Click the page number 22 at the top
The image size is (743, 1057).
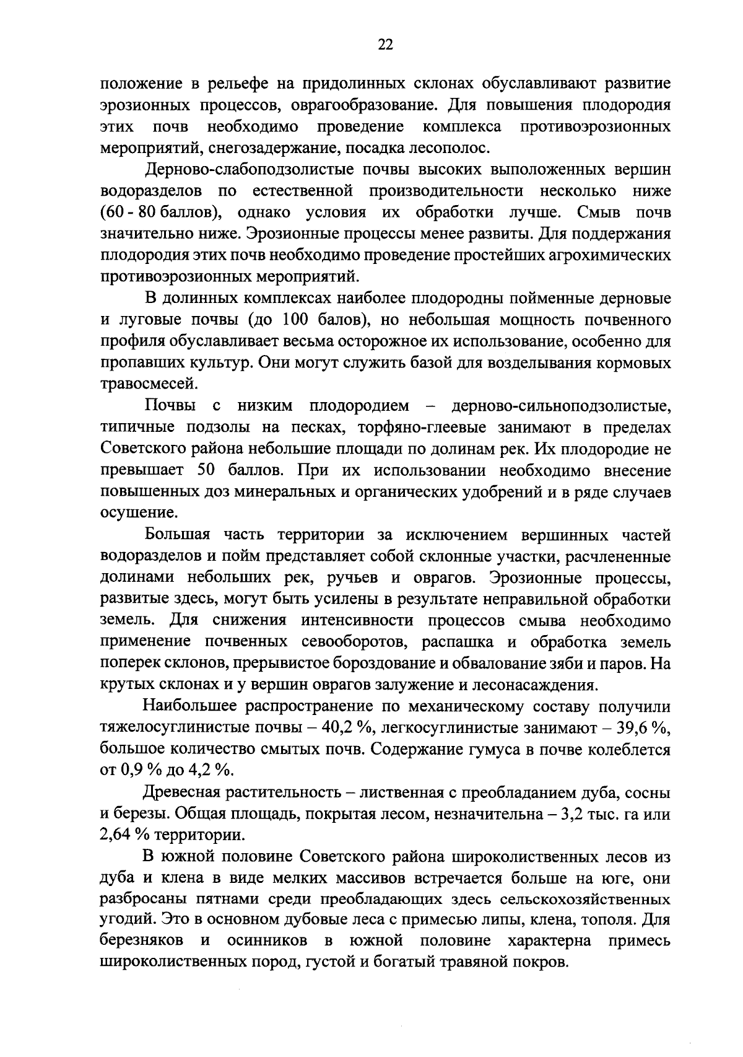pos(385,44)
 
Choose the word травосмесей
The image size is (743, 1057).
pos(149,384)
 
